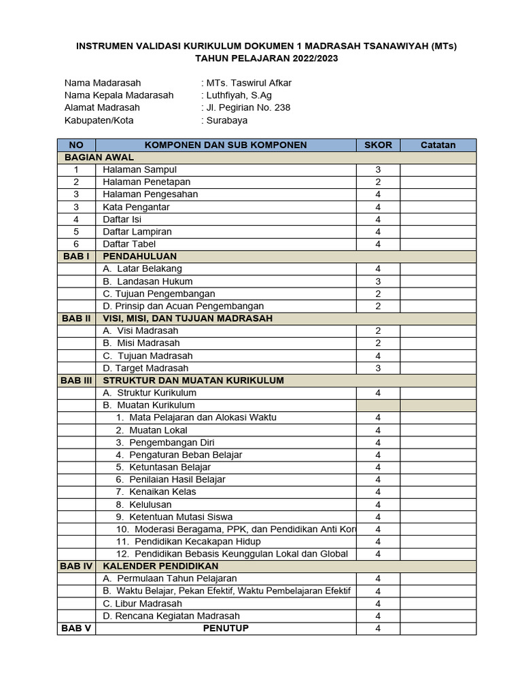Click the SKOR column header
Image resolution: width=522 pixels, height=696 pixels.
[378, 145]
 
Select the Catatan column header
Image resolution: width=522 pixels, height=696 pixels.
[438, 145]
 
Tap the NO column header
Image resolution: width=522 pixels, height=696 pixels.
[76, 145]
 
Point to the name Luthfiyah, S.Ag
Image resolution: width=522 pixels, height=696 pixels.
[239, 95]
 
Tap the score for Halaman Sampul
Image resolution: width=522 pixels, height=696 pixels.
[378, 169]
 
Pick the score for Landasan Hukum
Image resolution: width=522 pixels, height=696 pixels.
[378, 281]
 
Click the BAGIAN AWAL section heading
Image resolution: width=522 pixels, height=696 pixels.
[99, 157]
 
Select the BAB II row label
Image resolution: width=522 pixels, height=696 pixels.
[76, 318]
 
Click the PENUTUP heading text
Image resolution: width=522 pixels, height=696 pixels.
[226, 628]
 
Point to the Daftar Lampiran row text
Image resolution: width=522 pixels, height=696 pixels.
[137, 231]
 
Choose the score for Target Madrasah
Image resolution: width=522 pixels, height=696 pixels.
[378, 368]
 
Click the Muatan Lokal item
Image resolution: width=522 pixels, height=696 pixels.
[158, 430]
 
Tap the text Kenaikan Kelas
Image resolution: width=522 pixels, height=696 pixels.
[162, 491]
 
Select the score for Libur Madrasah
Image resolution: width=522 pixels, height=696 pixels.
[378, 604]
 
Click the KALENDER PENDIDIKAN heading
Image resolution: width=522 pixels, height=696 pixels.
[160, 566]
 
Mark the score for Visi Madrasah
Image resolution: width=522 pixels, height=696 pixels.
[378, 331]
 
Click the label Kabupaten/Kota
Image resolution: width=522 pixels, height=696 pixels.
[99, 120]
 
